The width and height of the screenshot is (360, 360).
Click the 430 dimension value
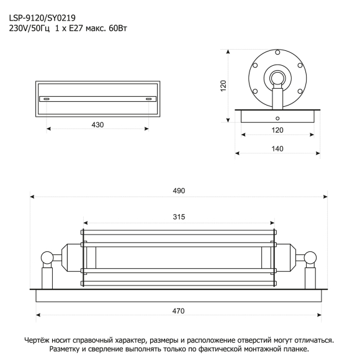97,125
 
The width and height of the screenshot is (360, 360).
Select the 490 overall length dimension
179,191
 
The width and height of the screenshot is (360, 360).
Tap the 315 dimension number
179,217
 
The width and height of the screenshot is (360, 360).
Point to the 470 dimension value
179,311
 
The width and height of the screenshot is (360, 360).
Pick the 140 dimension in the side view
277,149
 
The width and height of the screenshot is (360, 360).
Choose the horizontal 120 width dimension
277,130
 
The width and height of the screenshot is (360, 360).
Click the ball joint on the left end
47,257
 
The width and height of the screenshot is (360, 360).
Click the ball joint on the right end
310,257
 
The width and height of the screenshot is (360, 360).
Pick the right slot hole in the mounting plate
148,99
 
